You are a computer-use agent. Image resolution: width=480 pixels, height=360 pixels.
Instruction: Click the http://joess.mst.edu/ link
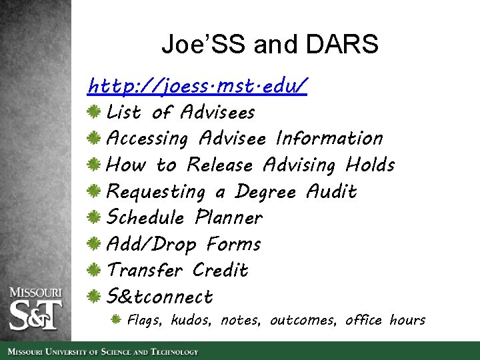197,86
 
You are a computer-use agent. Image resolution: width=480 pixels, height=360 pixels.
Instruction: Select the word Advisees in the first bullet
217,112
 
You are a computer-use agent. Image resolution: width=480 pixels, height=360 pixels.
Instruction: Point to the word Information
329,139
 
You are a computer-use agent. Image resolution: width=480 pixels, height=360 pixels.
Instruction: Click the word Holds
370,165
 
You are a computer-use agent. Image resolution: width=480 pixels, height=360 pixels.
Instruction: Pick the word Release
220,165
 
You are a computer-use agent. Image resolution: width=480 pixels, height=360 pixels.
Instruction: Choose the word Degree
265,192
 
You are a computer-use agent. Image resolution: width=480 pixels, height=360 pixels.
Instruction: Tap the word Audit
331,191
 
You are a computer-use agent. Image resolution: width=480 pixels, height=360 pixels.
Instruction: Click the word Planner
229,218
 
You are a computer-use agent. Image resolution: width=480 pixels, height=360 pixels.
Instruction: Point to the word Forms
233,244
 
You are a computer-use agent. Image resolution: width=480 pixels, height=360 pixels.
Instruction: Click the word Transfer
145,271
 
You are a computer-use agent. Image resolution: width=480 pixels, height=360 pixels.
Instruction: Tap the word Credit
220,271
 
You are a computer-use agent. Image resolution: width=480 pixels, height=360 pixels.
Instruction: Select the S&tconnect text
160,297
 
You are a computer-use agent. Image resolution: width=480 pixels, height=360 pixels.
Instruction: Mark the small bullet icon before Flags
116,320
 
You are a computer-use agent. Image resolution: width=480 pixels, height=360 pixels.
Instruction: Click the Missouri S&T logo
35,308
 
